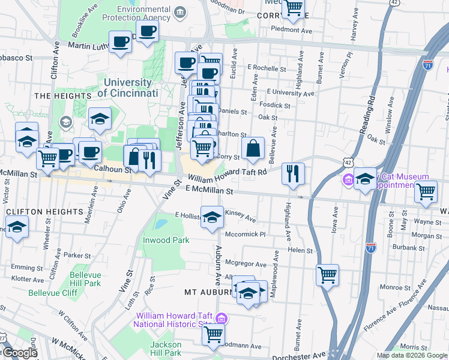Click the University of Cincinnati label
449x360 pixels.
click(127, 88)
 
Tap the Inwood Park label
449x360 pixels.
click(166, 240)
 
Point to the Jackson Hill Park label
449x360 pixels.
click(166, 349)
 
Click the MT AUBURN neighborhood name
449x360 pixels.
click(206, 292)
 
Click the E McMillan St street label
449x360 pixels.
click(209, 190)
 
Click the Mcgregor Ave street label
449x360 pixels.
click(246, 264)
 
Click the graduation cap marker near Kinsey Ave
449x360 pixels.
click(211, 217)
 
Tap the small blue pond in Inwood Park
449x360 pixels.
click(160, 224)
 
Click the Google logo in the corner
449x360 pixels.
click(19, 353)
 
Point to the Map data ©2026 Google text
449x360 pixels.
click(411, 355)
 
